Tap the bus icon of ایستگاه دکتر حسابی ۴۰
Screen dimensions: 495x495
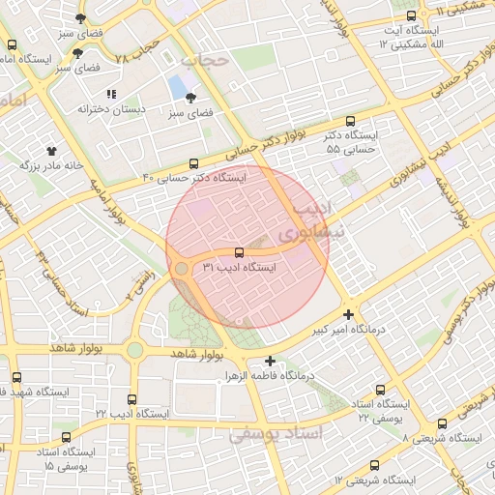(193, 164)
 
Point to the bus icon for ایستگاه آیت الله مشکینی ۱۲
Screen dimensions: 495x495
(412, 17)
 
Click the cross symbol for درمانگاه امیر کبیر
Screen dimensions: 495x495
(348, 314)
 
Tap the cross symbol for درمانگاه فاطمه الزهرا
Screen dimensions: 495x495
(270, 361)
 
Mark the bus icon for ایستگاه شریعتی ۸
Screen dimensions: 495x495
(443, 422)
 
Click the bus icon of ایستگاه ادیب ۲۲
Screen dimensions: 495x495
(132, 398)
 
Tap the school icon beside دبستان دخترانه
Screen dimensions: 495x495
(111, 94)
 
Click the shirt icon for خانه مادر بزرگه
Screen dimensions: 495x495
(51, 151)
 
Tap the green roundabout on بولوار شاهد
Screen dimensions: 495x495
(134, 349)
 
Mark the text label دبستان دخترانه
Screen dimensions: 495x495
(111, 109)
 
